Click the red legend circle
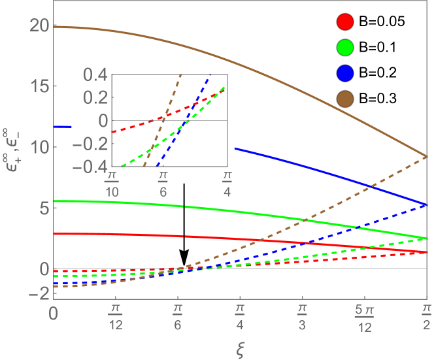click(x=345, y=22)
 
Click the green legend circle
click(x=345, y=47)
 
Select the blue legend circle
click(x=345, y=73)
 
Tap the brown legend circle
click(x=345, y=98)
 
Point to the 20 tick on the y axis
click(x=40, y=25)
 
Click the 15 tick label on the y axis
click(x=40, y=86)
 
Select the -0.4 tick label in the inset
click(x=90, y=166)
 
